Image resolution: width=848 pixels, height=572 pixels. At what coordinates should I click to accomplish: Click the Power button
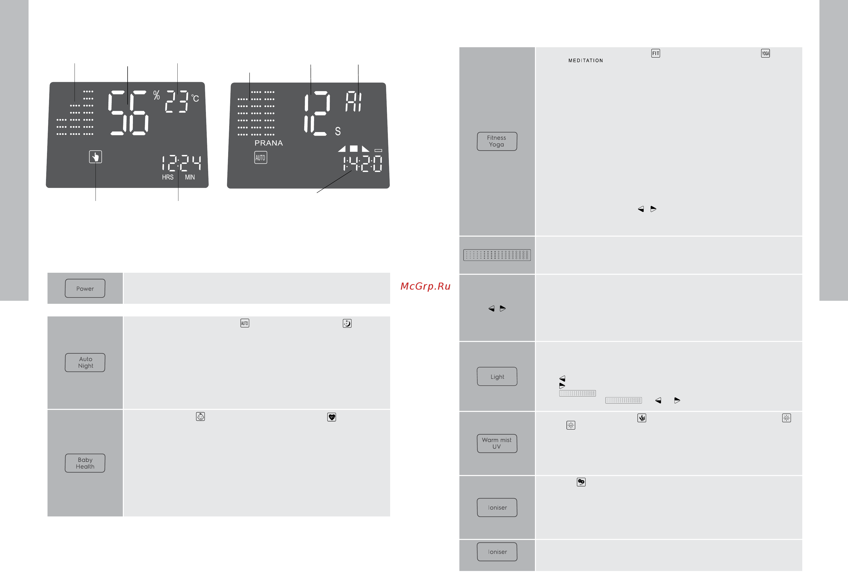(x=85, y=289)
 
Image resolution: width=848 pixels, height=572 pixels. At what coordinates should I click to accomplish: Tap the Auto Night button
(x=85, y=363)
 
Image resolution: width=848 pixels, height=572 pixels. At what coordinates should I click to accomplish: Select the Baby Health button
(x=85, y=463)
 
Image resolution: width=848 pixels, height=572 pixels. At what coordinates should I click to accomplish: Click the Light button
(x=497, y=377)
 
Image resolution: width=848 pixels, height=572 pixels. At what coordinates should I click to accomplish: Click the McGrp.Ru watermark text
(x=426, y=286)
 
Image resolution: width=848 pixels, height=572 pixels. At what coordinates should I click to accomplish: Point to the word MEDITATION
(x=586, y=61)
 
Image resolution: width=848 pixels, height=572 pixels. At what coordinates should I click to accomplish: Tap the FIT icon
(x=656, y=53)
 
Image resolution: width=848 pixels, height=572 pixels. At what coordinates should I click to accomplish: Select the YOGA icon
(x=766, y=53)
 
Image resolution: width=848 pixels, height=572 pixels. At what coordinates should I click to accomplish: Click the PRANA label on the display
(x=269, y=143)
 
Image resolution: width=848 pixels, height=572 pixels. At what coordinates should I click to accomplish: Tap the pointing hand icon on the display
(x=96, y=157)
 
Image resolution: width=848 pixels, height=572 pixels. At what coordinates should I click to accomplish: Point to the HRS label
(x=168, y=177)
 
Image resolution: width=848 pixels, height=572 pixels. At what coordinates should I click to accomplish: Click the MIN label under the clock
(x=190, y=177)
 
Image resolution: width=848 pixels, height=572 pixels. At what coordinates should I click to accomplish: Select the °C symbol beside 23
(x=195, y=98)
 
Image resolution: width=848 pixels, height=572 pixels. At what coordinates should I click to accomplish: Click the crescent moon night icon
(x=347, y=324)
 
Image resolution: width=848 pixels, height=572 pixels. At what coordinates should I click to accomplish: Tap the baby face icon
(x=200, y=417)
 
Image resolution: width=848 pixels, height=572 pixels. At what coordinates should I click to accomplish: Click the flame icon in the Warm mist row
(x=642, y=418)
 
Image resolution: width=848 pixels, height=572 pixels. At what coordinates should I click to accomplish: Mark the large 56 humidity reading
(x=128, y=113)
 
